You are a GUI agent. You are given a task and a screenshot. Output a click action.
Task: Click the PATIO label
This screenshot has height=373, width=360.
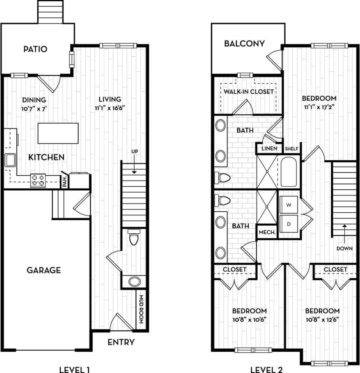pos(35,49)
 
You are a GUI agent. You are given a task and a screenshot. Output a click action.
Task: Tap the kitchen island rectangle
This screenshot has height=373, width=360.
pos(58,133)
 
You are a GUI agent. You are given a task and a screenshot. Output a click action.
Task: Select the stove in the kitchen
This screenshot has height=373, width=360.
pos(38,180)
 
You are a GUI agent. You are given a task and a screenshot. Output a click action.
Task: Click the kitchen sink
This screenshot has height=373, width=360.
pos(10,160)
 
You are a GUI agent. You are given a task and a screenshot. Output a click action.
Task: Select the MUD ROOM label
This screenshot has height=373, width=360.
pos(141,309)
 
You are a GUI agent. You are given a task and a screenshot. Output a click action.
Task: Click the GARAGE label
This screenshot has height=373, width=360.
pos(44,270)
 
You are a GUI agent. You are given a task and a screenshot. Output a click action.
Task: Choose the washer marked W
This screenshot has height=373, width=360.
pos(289,205)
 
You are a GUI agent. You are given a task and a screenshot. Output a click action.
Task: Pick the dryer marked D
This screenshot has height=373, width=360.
pos(289,224)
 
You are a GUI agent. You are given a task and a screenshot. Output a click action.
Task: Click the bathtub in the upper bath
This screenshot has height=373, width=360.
pos(289,171)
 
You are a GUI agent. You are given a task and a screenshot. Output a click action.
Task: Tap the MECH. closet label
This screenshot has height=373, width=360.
pos(267,232)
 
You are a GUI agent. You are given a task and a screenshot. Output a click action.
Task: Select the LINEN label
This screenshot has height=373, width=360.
pos(269,148)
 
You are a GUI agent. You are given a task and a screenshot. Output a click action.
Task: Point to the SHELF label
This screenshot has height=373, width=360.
pos(291,148)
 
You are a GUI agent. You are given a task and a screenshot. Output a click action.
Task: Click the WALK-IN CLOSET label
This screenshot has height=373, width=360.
pos(249,92)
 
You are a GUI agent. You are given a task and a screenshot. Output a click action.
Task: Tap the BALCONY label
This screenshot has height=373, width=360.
pos(244,44)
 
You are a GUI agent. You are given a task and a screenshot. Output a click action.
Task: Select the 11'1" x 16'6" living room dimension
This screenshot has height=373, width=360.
pos(110,108)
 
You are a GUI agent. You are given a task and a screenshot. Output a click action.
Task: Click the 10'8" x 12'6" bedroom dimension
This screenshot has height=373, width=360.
pos(322,319)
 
